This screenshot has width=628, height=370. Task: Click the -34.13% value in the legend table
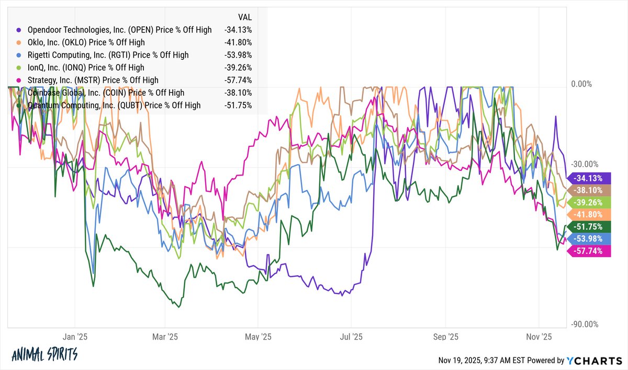pos(238,30)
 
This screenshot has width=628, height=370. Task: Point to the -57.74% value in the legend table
pos(238,80)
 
